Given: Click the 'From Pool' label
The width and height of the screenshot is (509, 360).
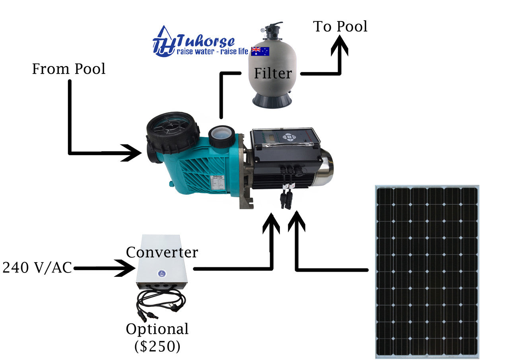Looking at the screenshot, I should (x=68, y=69).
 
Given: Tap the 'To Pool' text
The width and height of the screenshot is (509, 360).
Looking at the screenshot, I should (x=340, y=26).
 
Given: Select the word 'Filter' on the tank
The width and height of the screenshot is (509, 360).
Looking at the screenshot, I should (x=273, y=73).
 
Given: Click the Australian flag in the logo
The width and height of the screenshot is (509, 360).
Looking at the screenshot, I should (x=260, y=51).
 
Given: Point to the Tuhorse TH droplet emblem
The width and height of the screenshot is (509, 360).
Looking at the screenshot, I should (x=164, y=41).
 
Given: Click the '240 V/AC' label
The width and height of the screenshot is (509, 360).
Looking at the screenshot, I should (x=37, y=268).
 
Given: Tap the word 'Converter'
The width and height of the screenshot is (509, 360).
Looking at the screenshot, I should (x=162, y=252).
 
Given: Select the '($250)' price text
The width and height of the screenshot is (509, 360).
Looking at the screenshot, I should (x=157, y=346).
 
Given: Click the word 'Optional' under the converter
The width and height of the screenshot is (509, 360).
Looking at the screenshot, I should (x=157, y=329).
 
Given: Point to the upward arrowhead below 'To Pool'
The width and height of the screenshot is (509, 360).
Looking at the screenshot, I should (x=340, y=45).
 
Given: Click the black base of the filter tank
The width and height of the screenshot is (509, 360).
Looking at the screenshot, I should (x=272, y=100).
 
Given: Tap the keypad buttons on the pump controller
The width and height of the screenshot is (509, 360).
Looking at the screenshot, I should (x=289, y=137).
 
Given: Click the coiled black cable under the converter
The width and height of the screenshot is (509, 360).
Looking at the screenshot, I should (x=161, y=302).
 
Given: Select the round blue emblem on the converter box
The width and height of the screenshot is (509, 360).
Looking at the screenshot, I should (x=161, y=273).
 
